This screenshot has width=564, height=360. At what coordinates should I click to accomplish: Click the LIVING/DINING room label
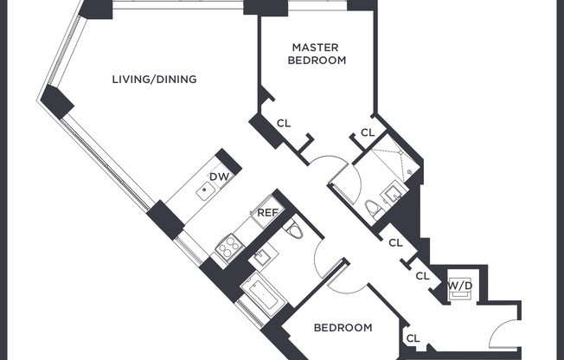pos(154,80)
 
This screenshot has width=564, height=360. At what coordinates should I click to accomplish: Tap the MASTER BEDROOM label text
pos(318,54)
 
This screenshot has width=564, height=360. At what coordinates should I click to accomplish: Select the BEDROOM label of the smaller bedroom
pos(343,328)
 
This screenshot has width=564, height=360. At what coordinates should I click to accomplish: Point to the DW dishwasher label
pos(220,177)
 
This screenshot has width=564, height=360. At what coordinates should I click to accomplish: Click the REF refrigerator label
pos(266,213)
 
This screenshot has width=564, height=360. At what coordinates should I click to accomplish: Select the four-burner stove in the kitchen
pos(228,248)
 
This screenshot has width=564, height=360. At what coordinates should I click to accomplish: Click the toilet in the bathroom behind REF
pos(292,230)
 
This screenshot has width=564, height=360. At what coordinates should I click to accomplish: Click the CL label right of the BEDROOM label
pos(413,338)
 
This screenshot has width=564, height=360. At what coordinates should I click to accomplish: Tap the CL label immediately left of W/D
pos(422,276)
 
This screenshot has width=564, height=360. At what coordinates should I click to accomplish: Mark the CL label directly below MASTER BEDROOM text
pos(283,124)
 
